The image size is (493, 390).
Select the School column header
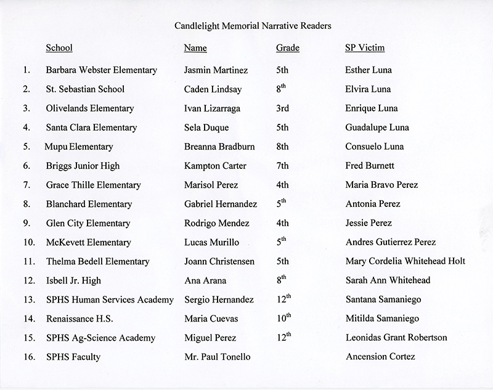coord(59,48)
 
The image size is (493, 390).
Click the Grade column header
coord(288,48)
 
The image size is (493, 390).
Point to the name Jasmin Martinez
coord(215,70)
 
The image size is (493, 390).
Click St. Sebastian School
coord(85,89)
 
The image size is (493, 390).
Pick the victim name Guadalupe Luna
coord(377,128)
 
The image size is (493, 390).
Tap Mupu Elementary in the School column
coord(79,147)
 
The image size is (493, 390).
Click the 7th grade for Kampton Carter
coord(283,166)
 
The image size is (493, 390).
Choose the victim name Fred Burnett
coord(370,166)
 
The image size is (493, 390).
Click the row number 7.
coord(26,185)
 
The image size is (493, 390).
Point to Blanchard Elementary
coord(88,204)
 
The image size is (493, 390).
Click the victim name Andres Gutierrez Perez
coord(390,242)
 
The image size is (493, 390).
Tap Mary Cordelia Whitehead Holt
coord(405,261)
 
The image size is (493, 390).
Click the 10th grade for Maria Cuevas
coord(284,318)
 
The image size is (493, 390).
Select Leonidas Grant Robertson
coord(396,338)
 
